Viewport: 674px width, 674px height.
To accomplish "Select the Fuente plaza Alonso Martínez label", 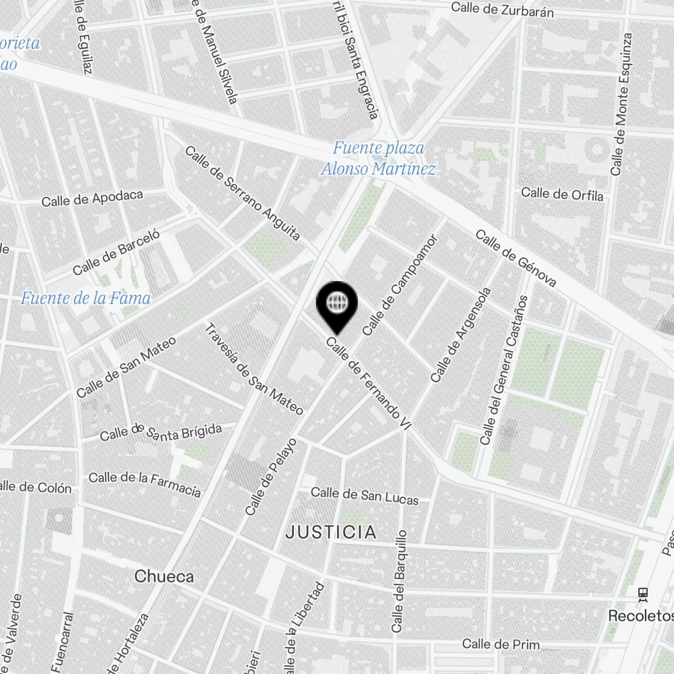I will [x=378, y=158].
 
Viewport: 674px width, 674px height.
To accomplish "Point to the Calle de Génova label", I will [x=516, y=258].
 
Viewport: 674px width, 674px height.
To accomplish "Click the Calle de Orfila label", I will [x=562, y=194].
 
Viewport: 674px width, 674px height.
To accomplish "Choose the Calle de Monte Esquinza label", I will [x=621, y=104].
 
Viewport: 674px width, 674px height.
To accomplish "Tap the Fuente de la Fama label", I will [x=86, y=297].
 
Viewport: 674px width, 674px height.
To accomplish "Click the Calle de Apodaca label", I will [x=92, y=199].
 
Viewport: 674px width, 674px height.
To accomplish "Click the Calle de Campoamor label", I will [x=400, y=285].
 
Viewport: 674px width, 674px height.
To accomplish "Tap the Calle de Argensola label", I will [x=461, y=335].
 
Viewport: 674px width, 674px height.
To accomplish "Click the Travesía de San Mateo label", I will [x=253, y=369].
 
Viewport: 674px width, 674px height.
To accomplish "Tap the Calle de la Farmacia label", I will [x=145, y=483].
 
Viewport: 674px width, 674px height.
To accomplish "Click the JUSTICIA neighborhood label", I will [x=331, y=532].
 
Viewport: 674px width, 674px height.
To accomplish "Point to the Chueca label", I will [x=164, y=576].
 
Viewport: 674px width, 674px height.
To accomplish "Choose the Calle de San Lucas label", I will [x=365, y=495].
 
